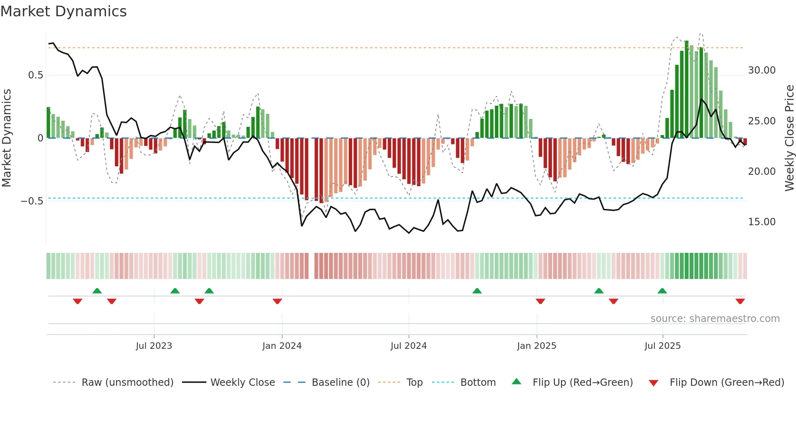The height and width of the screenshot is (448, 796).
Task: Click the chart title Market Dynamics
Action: [x=64, y=11]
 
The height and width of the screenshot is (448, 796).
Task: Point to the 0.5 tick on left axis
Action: [x=35, y=75]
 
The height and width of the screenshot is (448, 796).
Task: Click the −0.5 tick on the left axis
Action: [x=32, y=201]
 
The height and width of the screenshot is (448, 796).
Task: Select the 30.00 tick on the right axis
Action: [x=761, y=70]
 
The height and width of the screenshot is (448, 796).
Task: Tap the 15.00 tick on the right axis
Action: [x=761, y=222]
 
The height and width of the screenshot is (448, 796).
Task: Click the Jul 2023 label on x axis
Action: [x=154, y=346]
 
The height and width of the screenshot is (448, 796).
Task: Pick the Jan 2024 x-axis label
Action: [x=282, y=346]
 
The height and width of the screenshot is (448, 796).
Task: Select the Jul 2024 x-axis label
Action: [x=409, y=346]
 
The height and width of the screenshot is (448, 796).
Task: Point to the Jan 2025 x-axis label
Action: [x=536, y=346]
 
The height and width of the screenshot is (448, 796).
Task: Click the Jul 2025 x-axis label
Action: [x=662, y=346]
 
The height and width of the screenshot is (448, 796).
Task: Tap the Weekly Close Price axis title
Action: [x=789, y=138]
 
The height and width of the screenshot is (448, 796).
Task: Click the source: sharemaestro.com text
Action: [x=715, y=319]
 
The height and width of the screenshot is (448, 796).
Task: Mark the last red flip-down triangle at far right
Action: [x=740, y=301]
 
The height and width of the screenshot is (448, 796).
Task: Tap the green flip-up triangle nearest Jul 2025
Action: [x=662, y=291]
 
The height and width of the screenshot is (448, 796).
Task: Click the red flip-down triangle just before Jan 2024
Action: [x=277, y=301]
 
